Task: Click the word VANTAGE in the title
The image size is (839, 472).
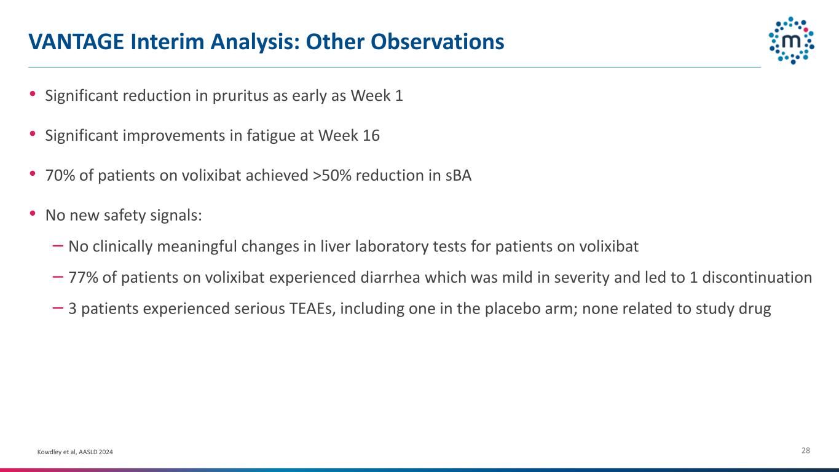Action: (76, 42)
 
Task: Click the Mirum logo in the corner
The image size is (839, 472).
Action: (791, 41)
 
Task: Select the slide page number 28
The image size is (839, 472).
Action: (806, 450)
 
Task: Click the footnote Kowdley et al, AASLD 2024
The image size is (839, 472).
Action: (75, 452)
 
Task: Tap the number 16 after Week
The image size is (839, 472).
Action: (371, 135)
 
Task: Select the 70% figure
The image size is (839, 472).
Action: (60, 175)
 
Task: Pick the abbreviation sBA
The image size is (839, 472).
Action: (459, 175)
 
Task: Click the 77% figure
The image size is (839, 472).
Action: (83, 278)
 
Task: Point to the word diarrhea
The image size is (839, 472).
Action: (390, 278)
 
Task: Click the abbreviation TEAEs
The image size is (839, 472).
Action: (312, 309)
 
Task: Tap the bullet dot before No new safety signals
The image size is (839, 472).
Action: (33, 213)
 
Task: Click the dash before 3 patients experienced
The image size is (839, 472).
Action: (58, 308)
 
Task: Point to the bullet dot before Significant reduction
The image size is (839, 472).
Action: (33, 93)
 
